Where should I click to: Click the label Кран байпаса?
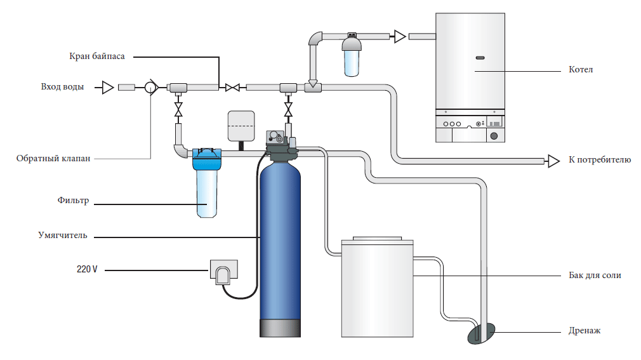pyautogui.click(x=96, y=56)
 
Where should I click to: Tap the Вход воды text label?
pyautogui.click(x=62, y=87)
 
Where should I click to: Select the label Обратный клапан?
pyautogui.click(x=53, y=158)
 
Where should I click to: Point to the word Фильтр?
pyautogui.click(x=73, y=201)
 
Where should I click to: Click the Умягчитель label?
pyautogui.click(x=62, y=236)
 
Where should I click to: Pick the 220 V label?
pyautogui.click(x=87, y=269)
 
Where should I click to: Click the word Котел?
pyautogui.click(x=581, y=69)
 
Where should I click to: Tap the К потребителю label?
pyautogui.click(x=600, y=160)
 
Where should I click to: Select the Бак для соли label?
pyautogui.click(x=594, y=276)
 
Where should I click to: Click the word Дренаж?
pyautogui.click(x=584, y=331)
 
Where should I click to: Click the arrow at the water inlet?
pyautogui.click(x=108, y=87)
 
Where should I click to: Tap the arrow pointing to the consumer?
pyautogui.click(x=553, y=160)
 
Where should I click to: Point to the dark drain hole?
pyautogui.click(x=482, y=333)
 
